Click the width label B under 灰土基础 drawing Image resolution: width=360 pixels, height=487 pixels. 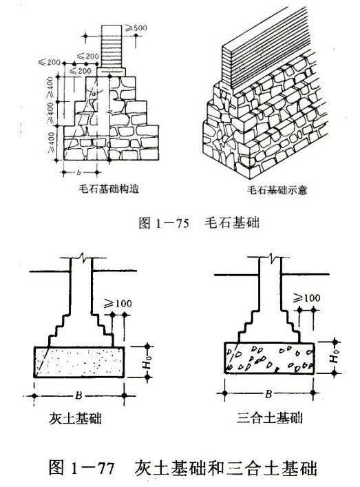(78, 396)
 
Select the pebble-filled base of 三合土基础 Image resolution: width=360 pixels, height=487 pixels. (270, 356)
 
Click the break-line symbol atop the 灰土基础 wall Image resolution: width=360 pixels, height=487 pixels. (84, 261)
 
